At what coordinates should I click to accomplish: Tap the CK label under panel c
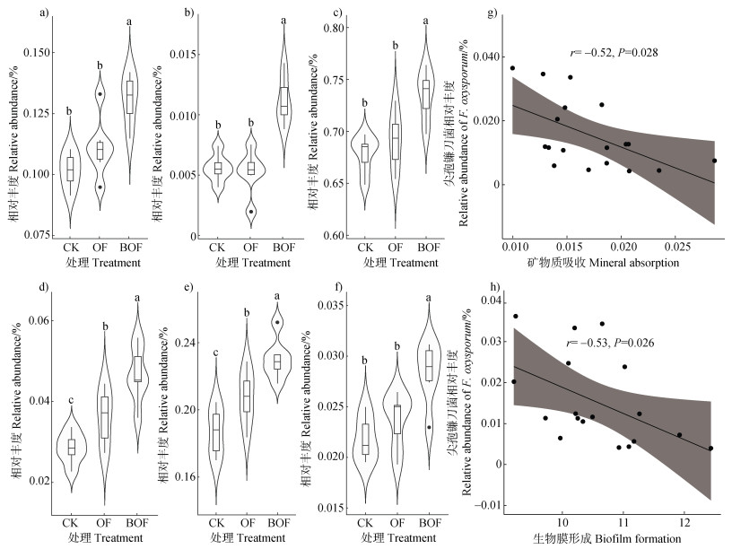(365, 248)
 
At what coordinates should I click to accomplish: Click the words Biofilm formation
(640, 538)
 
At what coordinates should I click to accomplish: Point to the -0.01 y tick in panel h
(484, 504)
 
